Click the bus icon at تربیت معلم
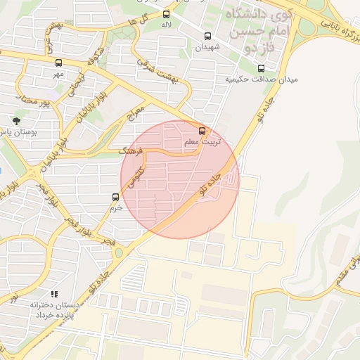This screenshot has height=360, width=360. [202, 131]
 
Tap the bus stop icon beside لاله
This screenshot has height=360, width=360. [166, 14]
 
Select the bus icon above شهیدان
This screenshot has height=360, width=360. [207, 36]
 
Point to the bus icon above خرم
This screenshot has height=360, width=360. [116, 197]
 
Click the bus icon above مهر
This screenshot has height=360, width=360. [58, 62]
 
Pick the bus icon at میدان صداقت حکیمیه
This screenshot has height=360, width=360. [262, 69]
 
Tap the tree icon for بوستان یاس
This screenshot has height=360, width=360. [16, 121]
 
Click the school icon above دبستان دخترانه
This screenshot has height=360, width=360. [54, 294]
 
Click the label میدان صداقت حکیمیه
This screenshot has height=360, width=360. [262, 79]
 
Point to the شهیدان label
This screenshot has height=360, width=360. [207, 46]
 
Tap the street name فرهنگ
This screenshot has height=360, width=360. [131, 150]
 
